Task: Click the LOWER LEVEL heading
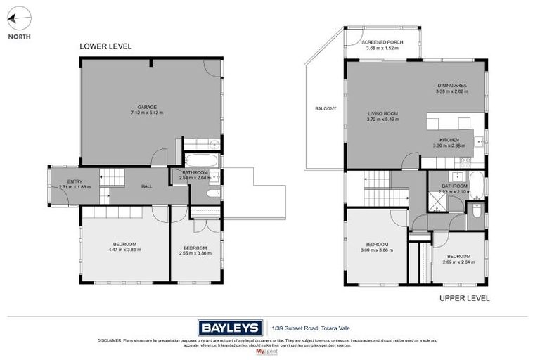(x=105, y=46)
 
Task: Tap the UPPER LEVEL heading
(x=464, y=298)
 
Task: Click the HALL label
(x=147, y=186)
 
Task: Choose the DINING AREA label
(x=451, y=86)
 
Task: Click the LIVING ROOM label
(x=383, y=114)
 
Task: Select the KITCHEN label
(x=449, y=140)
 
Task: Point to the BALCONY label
(x=326, y=108)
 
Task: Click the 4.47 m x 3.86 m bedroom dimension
(x=125, y=250)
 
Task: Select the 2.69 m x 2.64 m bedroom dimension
(x=459, y=262)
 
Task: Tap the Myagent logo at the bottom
(x=270, y=350)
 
